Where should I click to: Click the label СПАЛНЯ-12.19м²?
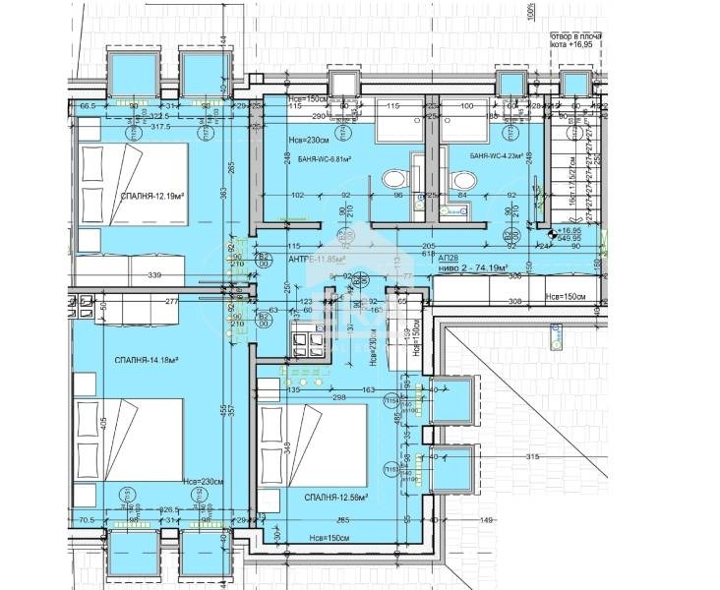tap(153, 197)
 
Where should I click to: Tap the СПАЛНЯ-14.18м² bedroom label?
tap(146, 361)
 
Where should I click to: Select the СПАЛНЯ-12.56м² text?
tap(335, 497)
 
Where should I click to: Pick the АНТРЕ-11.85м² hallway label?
tap(317, 260)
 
